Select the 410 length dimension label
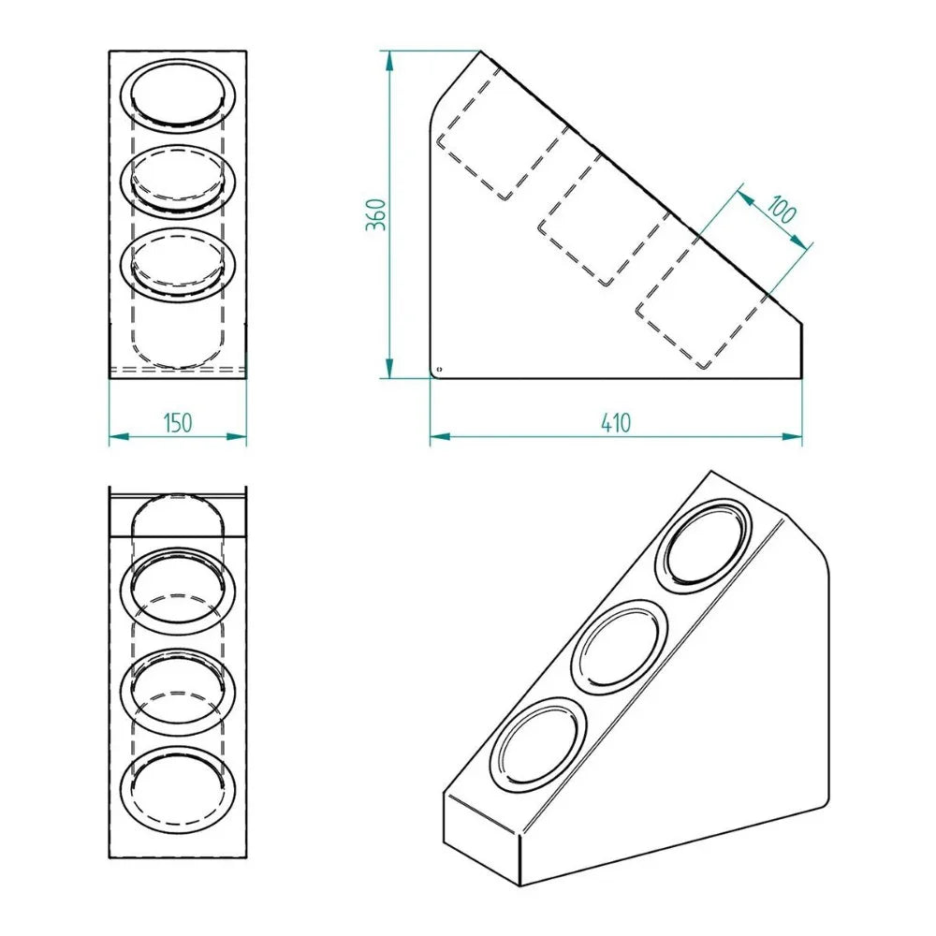616,423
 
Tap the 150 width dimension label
177,422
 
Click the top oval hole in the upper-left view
178,95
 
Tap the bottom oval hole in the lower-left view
178,790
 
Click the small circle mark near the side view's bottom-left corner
441,370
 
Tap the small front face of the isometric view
481,838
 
